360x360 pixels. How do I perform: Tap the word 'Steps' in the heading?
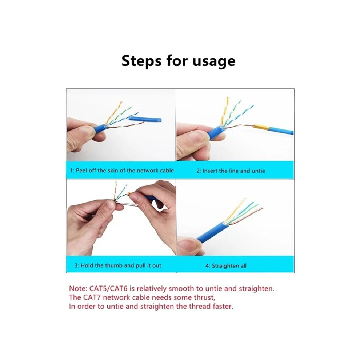(x=141, y=61)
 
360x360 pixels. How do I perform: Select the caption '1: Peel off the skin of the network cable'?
(x=122, y=171)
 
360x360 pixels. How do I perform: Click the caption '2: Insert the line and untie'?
(x=231, y=171)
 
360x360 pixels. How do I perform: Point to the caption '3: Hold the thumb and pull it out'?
(x=118, y=265)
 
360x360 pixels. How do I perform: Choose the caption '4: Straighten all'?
(x=226, y=266)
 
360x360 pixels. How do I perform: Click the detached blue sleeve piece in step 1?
(x=145, y=119)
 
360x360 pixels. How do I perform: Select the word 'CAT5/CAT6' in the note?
(x=109, y=288)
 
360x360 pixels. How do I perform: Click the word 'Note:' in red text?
(x=78, y=288)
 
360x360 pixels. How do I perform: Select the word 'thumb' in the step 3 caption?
(x=114, y=265)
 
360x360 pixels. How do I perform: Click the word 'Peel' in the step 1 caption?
(x=81, y=171)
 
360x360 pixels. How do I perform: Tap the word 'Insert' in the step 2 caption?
(x=210, y=171)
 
